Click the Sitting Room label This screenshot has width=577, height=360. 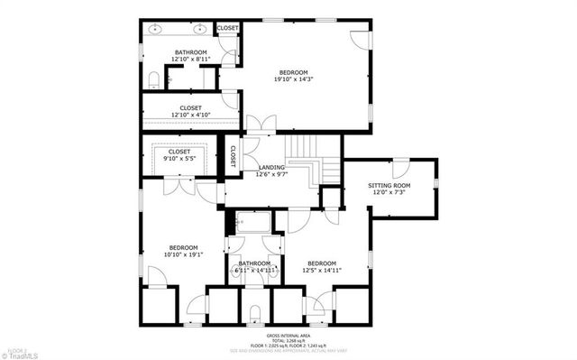(x=389, y=185)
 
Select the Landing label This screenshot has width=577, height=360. (x=271, y=167)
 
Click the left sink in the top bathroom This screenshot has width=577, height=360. (x=155, y=30)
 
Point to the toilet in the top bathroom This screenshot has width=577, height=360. (x=154, y=78)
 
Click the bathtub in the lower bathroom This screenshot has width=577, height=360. (x=257, y=221)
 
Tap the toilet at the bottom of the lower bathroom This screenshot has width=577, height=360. (x=255, y=313)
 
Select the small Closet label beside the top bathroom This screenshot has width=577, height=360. (x=227, y=28)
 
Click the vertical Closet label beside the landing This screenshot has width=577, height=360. (x=231, y=154)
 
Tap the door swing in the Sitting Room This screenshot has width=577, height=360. (x=399, y=169)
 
